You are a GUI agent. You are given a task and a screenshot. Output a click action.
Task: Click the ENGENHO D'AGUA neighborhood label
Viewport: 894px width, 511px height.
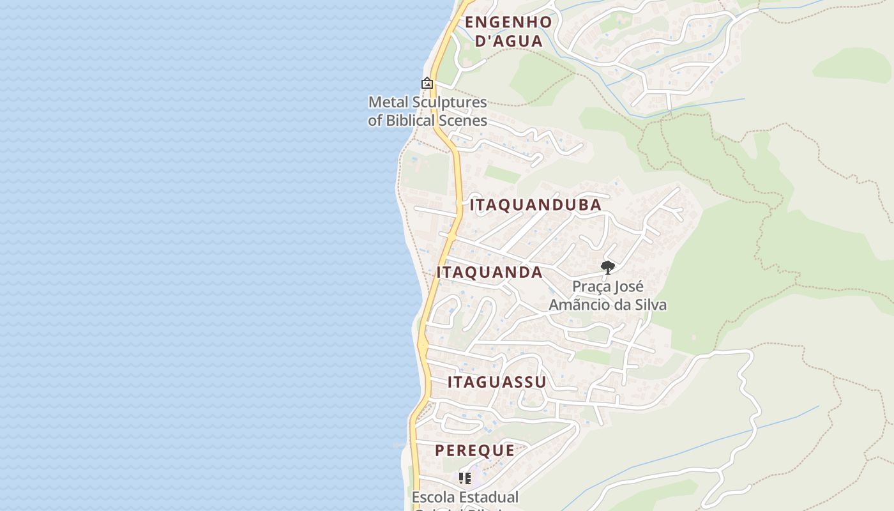(x=508, y=31)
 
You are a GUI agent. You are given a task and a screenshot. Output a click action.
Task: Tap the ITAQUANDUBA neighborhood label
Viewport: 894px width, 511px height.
(x=536, y=205)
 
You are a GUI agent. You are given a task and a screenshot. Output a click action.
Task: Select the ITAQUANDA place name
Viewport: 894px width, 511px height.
(x=490, y=272)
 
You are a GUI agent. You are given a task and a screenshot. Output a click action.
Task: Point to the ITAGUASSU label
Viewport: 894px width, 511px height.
(x=497, y=382)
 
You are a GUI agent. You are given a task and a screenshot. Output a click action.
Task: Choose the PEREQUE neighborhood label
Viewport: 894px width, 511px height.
(x=475, y=450)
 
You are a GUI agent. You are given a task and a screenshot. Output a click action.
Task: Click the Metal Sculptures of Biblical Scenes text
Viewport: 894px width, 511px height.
(x=427, y=111)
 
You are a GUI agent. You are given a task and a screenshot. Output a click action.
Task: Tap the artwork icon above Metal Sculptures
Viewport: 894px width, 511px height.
(x=427, y=84)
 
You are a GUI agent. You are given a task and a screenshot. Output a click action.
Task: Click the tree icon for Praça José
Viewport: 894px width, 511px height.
(x=608, y=268)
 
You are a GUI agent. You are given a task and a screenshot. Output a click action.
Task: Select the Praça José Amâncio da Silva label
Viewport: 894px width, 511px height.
(x=608, y=296)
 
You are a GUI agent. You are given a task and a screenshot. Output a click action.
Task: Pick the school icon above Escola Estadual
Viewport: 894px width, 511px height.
(x=465, y=478)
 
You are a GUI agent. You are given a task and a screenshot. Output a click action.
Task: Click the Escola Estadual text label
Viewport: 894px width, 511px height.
(x=465, y=497)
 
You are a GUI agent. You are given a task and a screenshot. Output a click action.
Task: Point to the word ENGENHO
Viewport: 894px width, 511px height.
(x=508, y=22)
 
